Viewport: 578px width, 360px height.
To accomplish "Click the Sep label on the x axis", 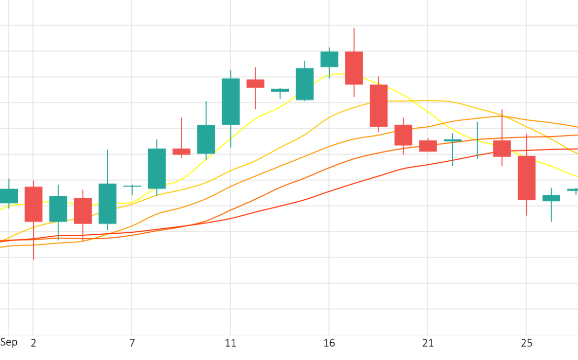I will pyautogui.click(x=9, y=342).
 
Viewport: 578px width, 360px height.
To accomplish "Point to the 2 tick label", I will pyautogui.click(x=33, y=343).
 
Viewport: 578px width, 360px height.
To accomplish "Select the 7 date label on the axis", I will pyautogui.click(x=132, y=343).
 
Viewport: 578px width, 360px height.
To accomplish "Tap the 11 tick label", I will pyautogui.click(x=231, y=343).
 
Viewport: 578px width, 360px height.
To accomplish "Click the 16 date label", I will pyautogui.click(x=329, y=343).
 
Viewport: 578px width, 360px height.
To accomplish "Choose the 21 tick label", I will pyautogui.click(x=428, y=343).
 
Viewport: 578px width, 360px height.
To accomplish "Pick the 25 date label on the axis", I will pyautogui.click(x=526, y=343).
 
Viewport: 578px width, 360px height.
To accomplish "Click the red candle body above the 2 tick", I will pyautogui.click(x=33, y=204).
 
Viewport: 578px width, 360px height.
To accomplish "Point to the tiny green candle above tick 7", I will pyautogui.click(x=132, y=186).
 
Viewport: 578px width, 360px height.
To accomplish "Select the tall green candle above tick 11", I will pyautogui.click(x=231, y=101).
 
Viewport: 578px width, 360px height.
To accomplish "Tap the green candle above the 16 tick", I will pyautogui.click(x=329, y=59).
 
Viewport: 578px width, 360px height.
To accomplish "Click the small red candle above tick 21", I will pyautogui.click(x=428, y=146).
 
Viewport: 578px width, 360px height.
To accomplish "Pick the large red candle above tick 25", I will pyautogui.click(x=526, y=177).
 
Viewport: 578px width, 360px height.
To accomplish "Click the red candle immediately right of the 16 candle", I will pyautogui.click(x=354, y=67).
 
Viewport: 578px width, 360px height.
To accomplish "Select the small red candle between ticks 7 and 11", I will pyautogui.click(x=182, y=151).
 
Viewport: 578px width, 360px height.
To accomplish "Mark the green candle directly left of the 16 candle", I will pyautogui.click(x=305, y=84).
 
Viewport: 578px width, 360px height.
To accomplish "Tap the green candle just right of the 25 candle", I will pyautogui.click(x=551, y=198).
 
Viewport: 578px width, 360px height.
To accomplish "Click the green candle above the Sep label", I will pyautogui.click(x=9, y=196).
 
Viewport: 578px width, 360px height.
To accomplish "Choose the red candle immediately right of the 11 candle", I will pyautogui.click(x=255, y=83).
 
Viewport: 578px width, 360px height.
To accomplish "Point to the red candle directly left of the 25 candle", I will pyautogui.click(x=502, y=148).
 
